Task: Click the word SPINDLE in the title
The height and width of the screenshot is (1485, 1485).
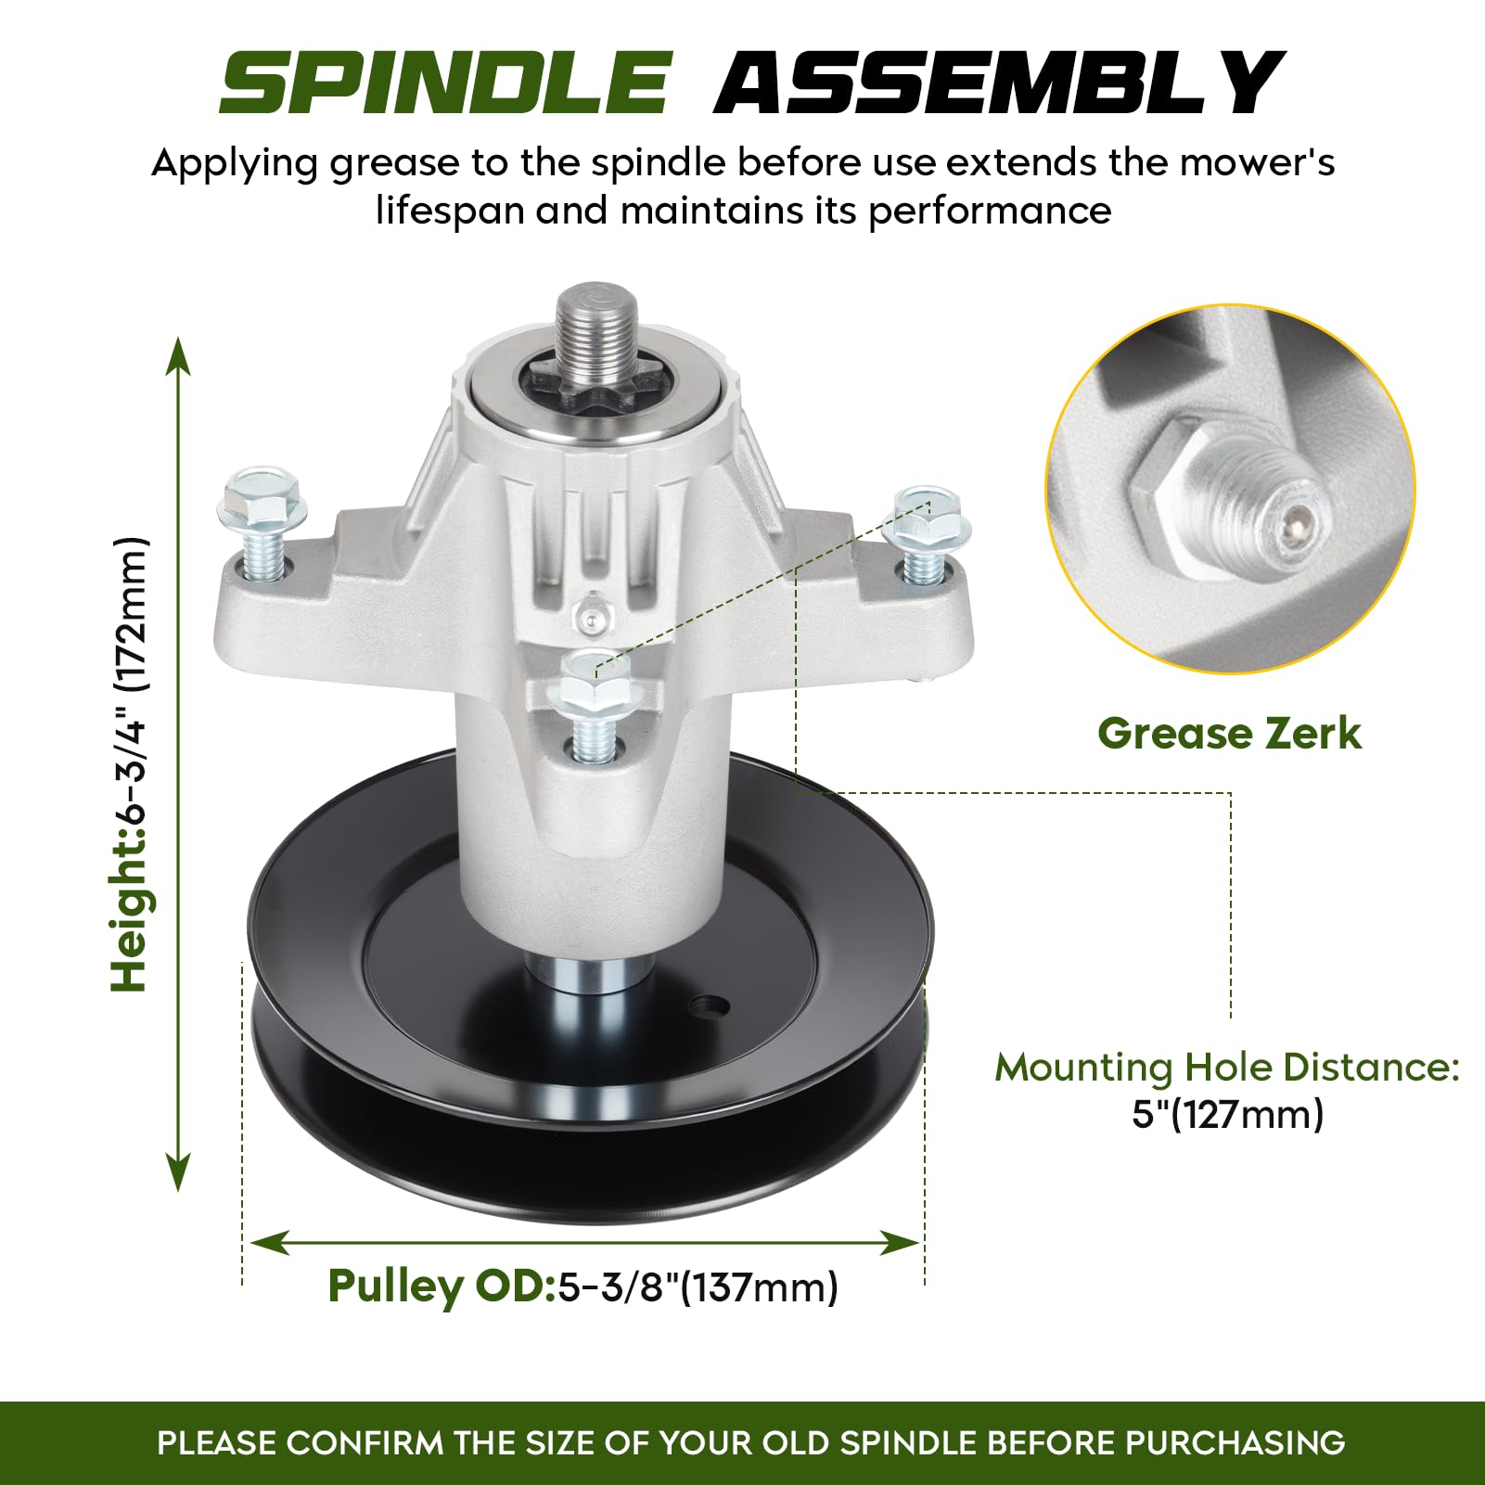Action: tap(444, 83)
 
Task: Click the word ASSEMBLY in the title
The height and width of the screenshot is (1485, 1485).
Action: tap(999, 83)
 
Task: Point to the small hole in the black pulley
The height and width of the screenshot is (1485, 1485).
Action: tap(711, 1005)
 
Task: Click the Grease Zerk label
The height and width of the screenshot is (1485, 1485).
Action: tap(1229, 734)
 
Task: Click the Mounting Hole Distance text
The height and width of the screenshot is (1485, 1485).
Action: tap(1227, 1067)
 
